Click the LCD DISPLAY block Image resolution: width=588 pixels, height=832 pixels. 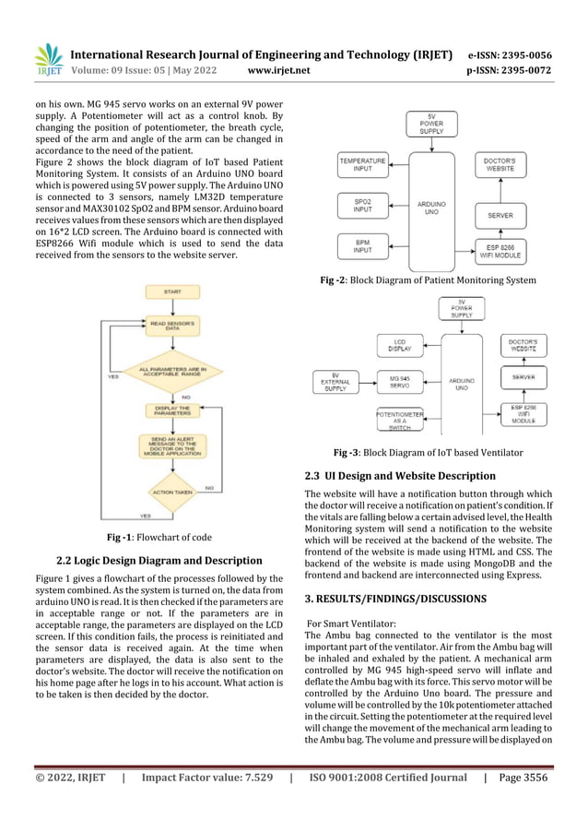tap(399, 346)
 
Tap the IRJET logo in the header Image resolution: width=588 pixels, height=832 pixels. tap(47, 60)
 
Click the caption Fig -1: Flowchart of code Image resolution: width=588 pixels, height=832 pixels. tap(160, 537)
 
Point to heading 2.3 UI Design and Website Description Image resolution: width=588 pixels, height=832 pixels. tap(400, 476)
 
